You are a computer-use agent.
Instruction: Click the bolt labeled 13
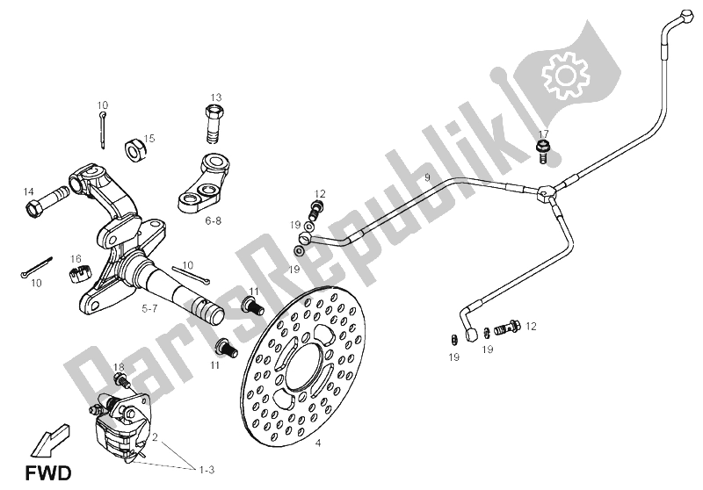(214, 124)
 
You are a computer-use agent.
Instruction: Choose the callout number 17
(543, 134)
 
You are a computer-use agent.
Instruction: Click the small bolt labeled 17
(543, 154)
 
